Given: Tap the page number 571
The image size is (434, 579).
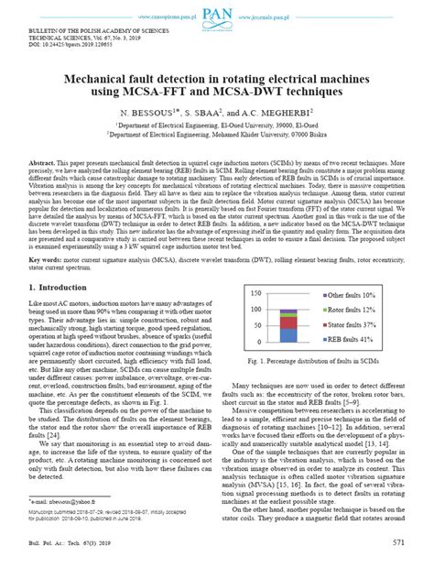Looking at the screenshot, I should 398,567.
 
